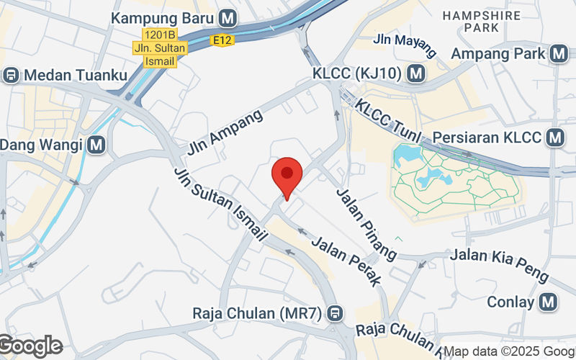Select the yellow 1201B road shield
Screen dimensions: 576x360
pos(160,35)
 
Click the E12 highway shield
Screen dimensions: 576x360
pos(222,41)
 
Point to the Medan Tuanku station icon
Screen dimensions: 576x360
pos(11,75)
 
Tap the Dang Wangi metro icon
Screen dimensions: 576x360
pos(97,145)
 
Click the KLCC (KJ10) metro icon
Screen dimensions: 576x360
pos(414,73)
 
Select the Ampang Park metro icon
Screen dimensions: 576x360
pos(558,53)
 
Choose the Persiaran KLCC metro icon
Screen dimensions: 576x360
pos(554,137)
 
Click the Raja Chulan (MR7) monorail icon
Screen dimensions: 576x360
pos(334,313)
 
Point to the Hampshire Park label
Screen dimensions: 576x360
pos(472,21)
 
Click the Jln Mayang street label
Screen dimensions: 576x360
pos(405,45)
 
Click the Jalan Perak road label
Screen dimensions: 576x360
pos(346,258)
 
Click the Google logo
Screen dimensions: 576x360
pos(30,346)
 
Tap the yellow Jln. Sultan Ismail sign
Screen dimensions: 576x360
pos(160,55)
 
